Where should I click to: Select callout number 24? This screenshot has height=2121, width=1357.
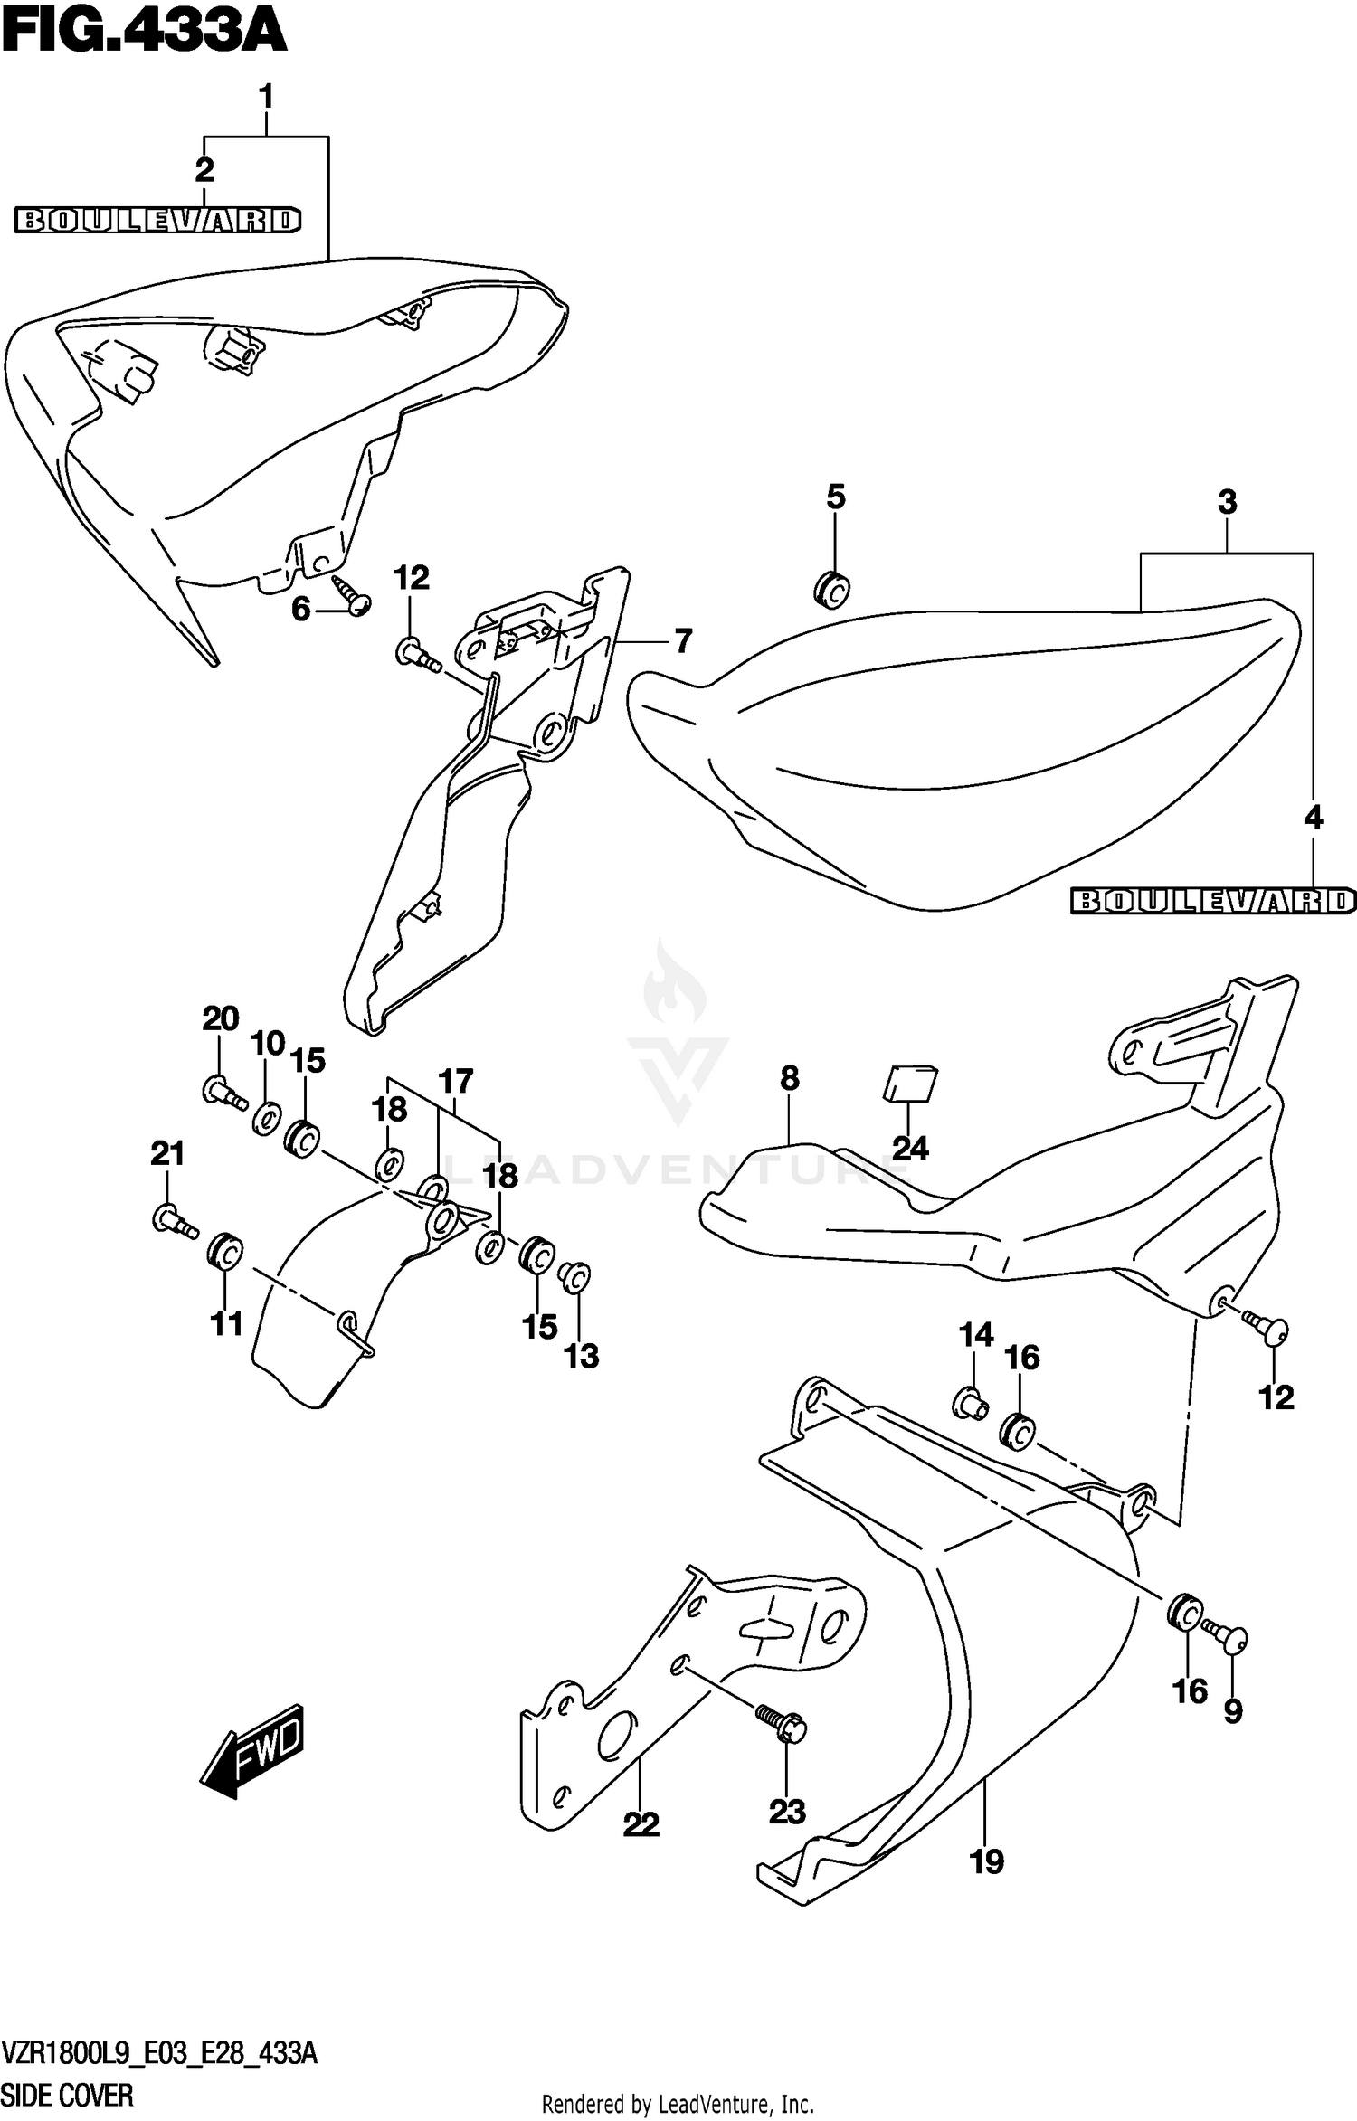click(910, 1148)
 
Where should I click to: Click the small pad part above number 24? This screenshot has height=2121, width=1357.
click(911, 1084)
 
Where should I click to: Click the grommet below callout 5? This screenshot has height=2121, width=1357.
click(832, 590)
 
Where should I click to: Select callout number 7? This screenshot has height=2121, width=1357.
click(683, 641)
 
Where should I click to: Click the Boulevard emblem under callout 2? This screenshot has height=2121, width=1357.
click(157, 220)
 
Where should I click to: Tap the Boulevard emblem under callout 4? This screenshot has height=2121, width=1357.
click(1212, 900)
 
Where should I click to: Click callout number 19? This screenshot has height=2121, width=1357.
click(986, 1861)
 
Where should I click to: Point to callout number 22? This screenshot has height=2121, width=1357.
click(641, 1824)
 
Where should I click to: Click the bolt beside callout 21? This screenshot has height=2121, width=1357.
click(175, 1223)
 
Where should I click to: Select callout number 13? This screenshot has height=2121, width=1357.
click(582, 1356)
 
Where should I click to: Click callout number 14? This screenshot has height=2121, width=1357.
click(976, 1334)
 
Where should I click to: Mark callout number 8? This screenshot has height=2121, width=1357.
click(789, 1078)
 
